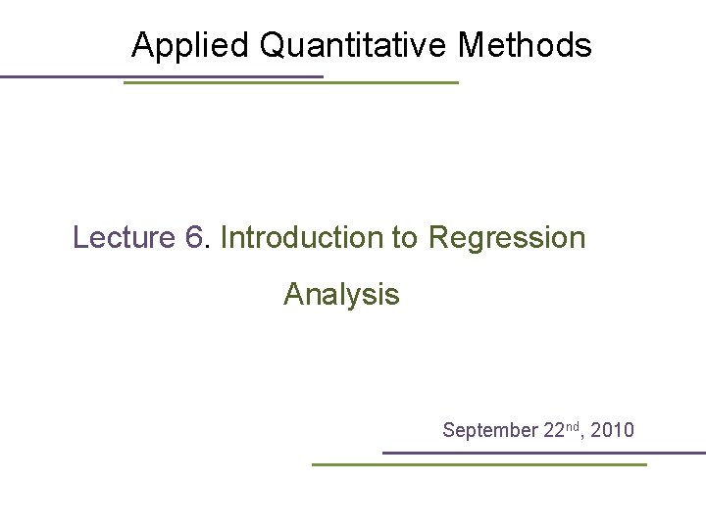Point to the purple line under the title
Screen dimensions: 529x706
(161, 76)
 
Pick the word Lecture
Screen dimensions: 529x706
(124, 238)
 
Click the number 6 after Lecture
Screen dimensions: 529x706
(193, 238)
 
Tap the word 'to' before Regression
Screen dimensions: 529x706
(405, 238)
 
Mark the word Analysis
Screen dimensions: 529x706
(341, 295)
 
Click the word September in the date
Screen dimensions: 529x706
(489, 430)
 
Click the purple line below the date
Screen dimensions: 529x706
(543, 453)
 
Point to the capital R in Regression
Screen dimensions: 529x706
(439, 238)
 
